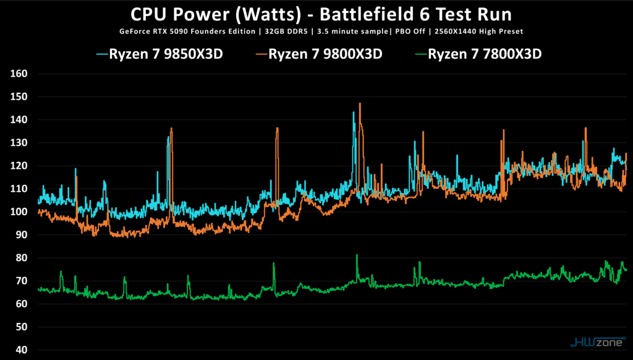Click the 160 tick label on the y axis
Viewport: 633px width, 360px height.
pos(19,74)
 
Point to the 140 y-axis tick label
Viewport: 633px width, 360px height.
pos(19,120)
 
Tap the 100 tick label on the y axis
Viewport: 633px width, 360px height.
pos(19,212)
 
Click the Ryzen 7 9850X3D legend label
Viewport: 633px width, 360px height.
pos(166,54)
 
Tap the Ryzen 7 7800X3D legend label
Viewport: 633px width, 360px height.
pos(485,54)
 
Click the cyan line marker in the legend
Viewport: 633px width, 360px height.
pos(102,54)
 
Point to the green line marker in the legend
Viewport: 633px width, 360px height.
pos(420,54)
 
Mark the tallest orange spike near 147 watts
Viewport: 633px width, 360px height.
pos(359,103)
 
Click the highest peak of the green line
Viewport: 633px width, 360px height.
pos(357,255)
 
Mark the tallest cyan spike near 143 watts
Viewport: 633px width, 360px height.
pos(354,113)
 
